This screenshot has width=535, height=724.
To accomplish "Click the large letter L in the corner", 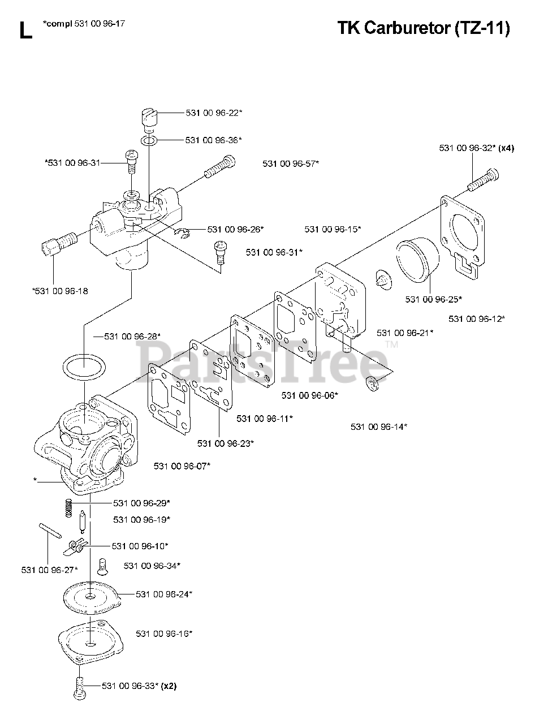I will pos(25,31).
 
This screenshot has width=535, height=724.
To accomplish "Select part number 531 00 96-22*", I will pos(214,113).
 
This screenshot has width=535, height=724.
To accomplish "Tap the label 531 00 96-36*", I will pos(214,139).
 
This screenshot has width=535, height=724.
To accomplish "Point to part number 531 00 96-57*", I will pos(291,163).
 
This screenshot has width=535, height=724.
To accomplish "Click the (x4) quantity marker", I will pos(506,148).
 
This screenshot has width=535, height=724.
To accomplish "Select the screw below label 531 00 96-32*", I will pos(482,181).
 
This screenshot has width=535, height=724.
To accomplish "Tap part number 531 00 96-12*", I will pos(477,319).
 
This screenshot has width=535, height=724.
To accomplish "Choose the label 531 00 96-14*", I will pos(379,426).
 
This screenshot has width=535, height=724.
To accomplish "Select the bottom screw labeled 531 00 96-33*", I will pos(79,687).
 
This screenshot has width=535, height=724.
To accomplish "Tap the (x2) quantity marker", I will pos(169,687).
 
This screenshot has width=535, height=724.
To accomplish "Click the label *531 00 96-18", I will pos(61,291).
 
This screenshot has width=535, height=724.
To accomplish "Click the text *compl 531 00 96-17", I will pos(84,23).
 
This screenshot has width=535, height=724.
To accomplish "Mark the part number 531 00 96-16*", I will pos(164,633).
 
